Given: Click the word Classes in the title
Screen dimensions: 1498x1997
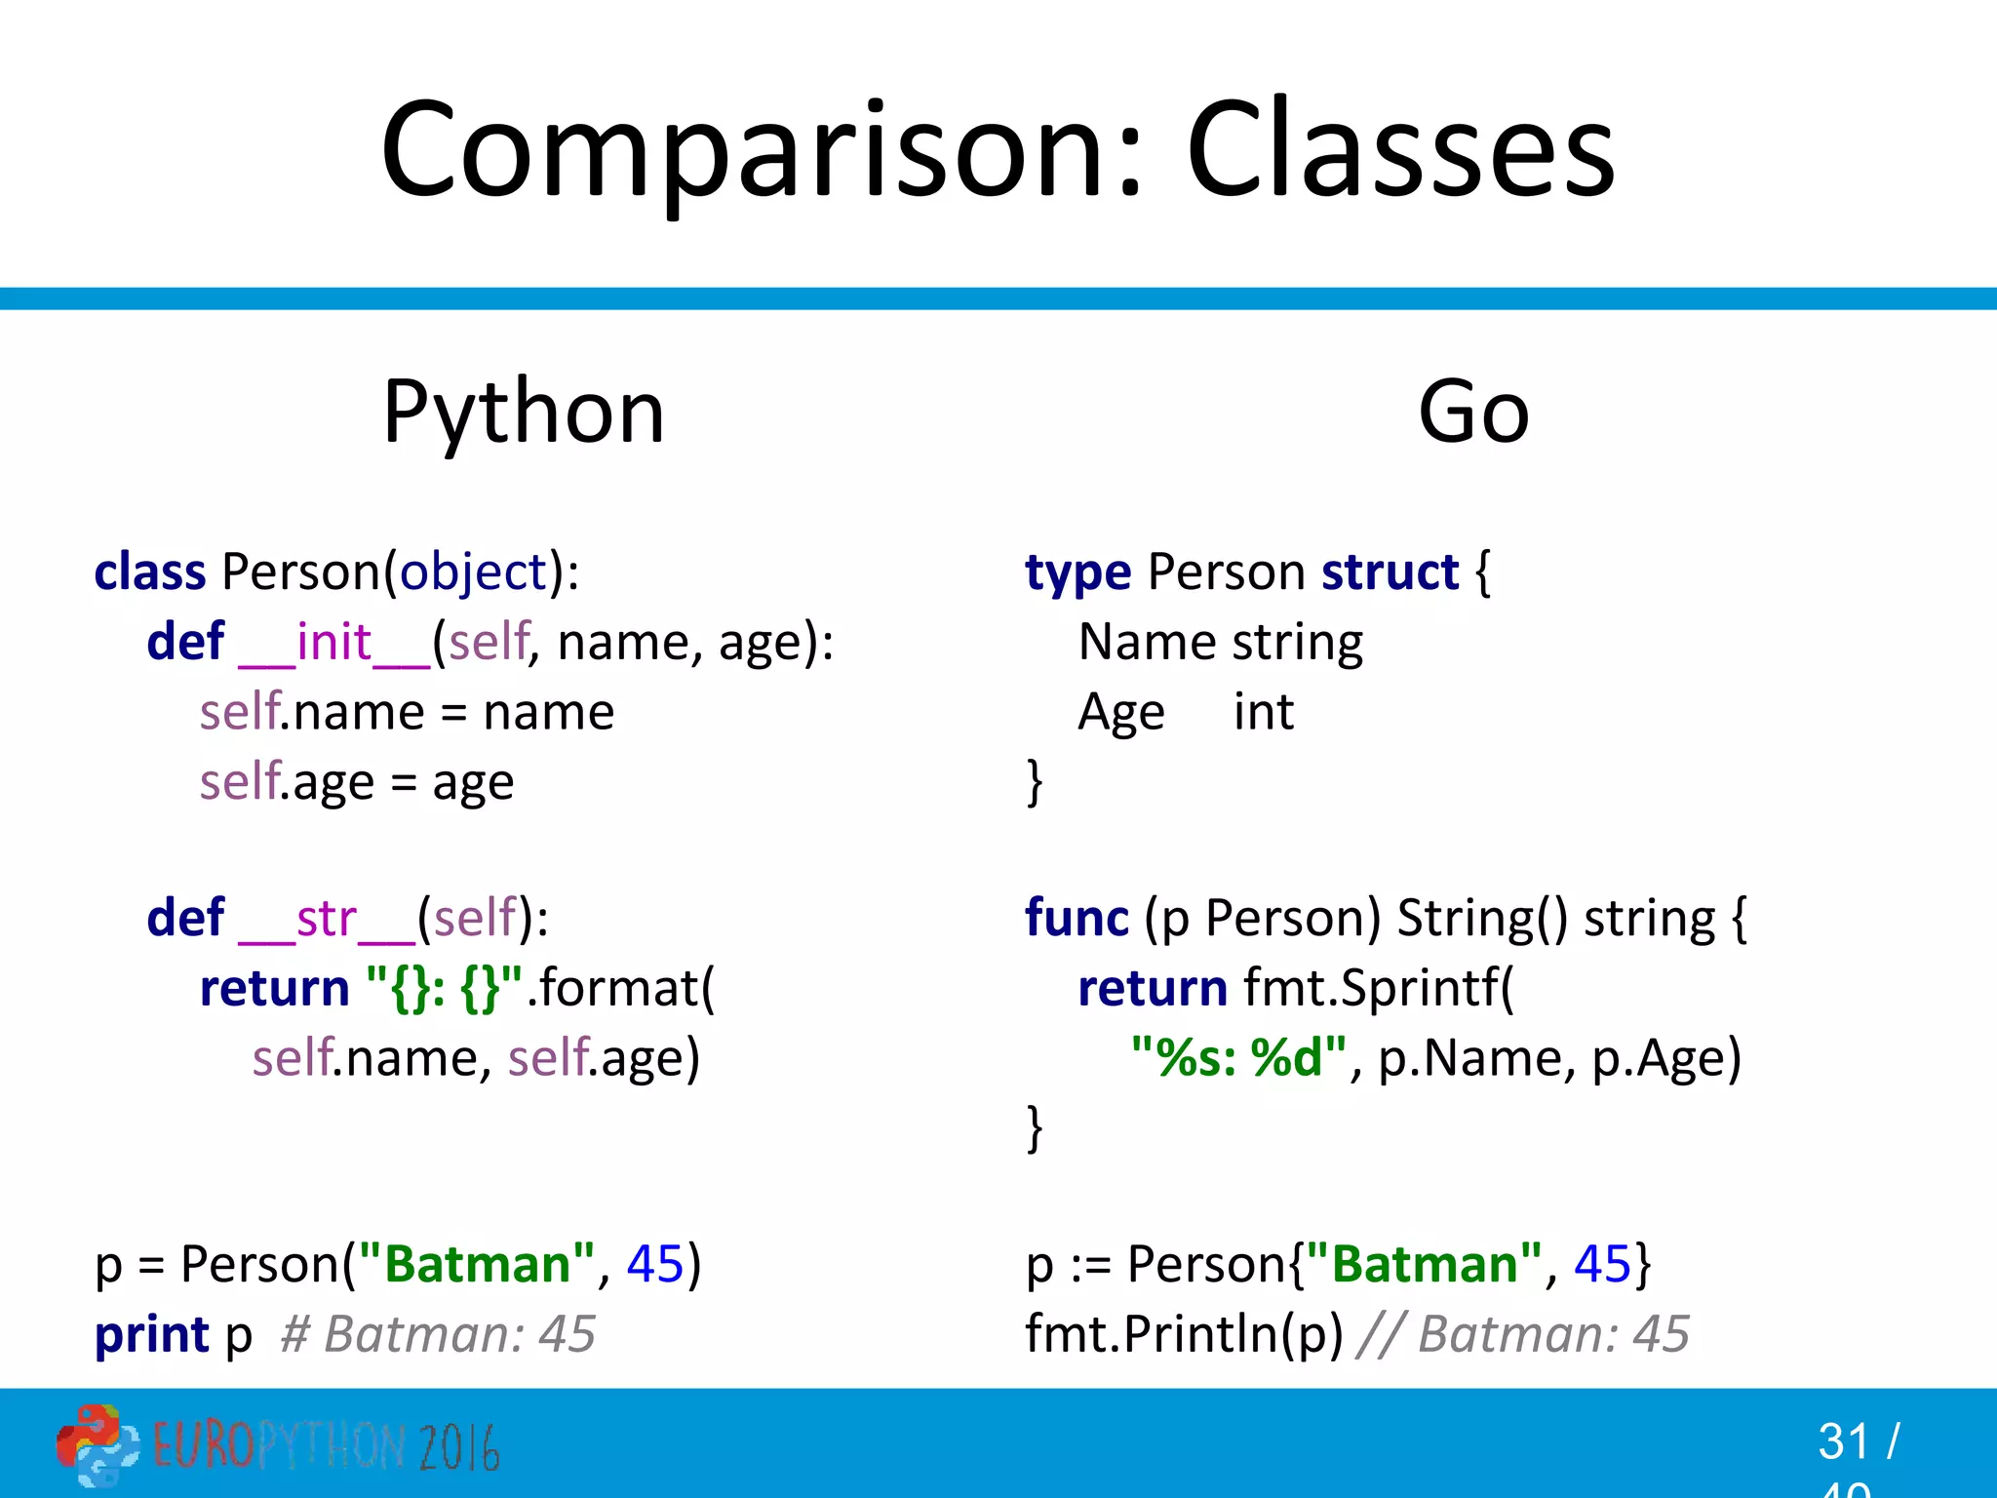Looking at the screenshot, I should click(x=1400, y=151).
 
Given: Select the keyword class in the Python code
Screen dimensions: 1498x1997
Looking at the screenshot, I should click(x=150, y=572).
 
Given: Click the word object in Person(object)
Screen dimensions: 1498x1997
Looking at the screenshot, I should click(x=474, y=572).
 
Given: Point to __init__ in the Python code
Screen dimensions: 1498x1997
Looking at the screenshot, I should click(x=334, y=643).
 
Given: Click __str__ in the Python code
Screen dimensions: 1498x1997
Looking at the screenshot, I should click(x=328, y=919).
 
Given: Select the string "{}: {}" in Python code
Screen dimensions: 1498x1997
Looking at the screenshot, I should click(x=445, y=989).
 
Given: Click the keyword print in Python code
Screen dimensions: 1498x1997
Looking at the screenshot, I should click(x=152, y=1334).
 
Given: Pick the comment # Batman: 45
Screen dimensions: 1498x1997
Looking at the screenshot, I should click(x=438, y=1334).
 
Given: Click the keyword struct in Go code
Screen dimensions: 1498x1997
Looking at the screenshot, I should click(x=1390, y=572).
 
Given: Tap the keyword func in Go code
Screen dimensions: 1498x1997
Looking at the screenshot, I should click(x=1077, y=919).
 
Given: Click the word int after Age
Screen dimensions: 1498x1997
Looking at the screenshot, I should click(x=1263, y=712).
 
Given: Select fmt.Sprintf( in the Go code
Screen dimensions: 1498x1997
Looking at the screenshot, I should click(x=1379, y=989).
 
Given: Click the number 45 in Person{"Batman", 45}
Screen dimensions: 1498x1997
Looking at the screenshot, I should click(x=1602, y=1265).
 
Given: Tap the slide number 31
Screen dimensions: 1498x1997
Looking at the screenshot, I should click(x=1843, y=1441).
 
